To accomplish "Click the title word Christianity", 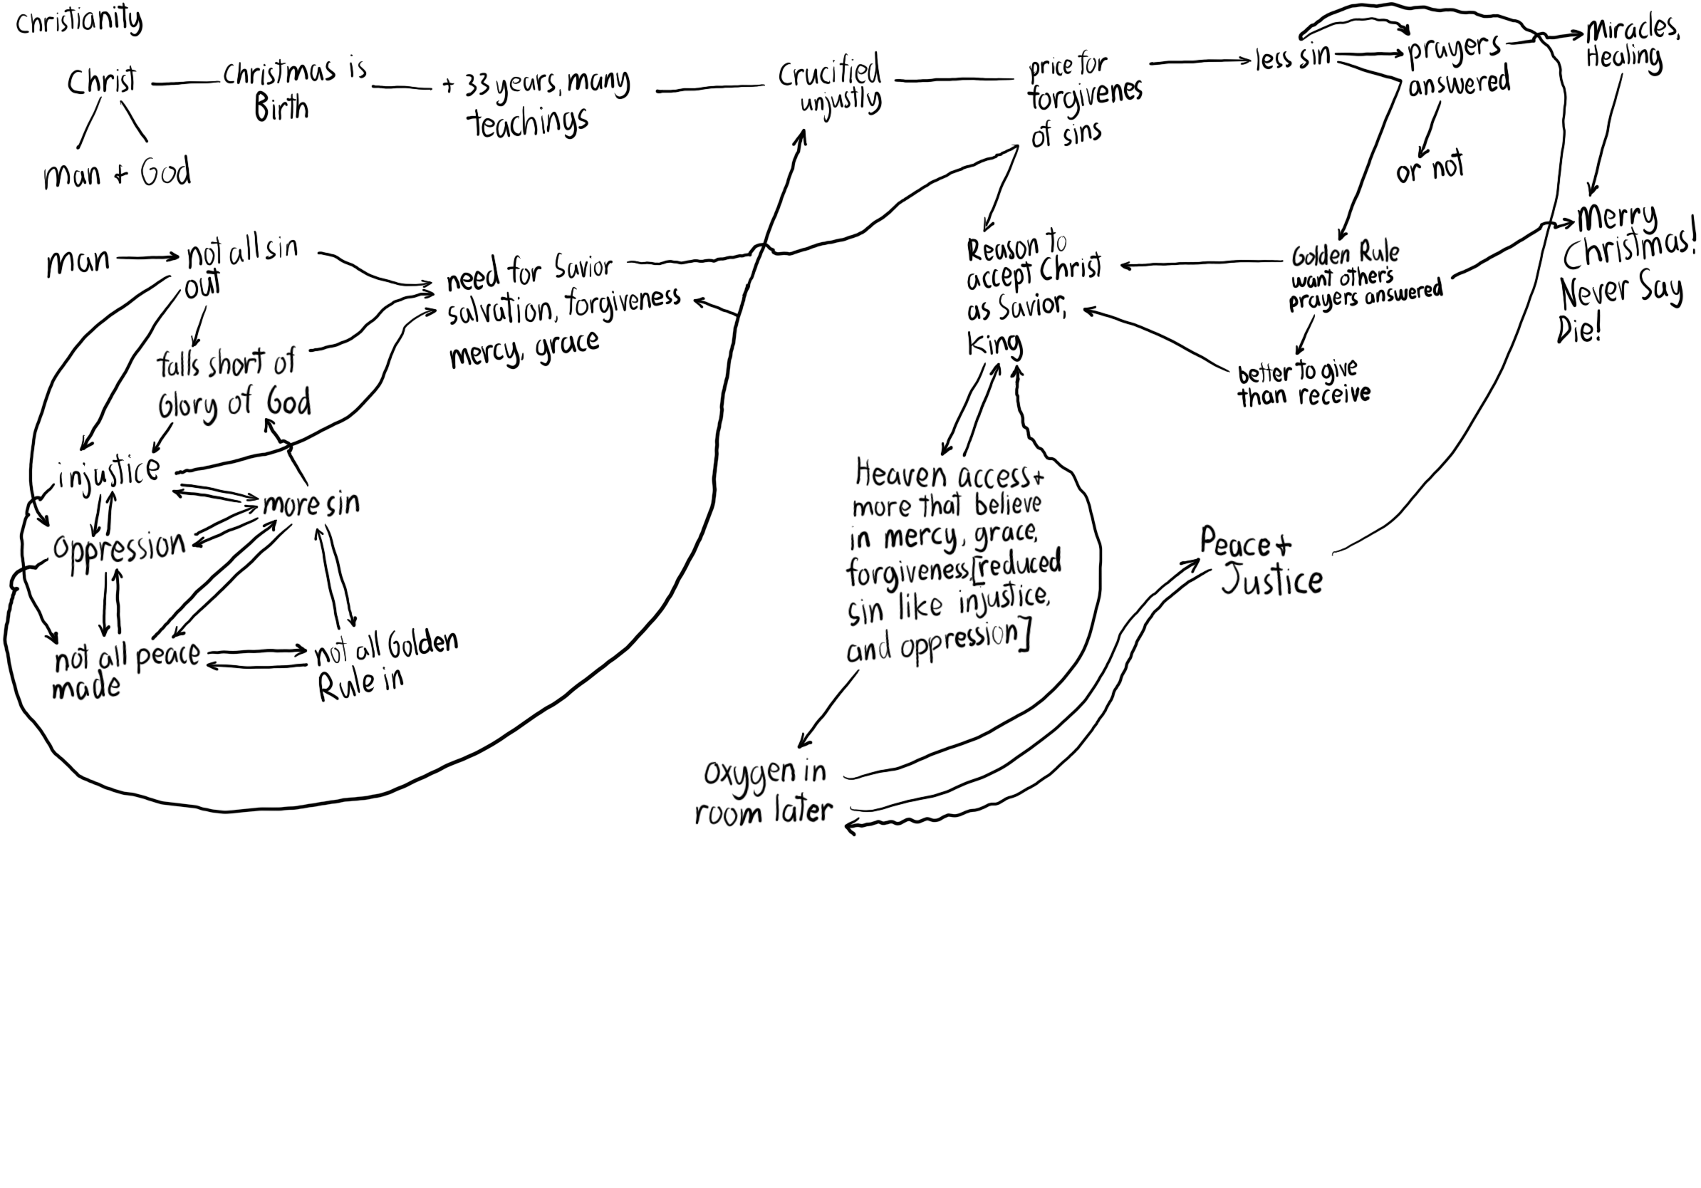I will coord(78,21).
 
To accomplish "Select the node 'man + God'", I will coord(117,174).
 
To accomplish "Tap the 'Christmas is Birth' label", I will coord(293,89).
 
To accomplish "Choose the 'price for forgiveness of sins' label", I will coord(1083,100).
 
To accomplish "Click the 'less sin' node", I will coord(1293,57).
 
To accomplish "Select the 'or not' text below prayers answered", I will coord(1429,168).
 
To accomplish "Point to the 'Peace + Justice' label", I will coord(1259,561).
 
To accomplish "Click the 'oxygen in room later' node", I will coord(764,792).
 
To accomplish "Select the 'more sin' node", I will coord(311,504).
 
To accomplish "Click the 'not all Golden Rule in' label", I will coord(385,665).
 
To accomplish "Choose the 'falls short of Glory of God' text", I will coord(233,384).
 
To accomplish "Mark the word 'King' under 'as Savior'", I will coord(994,345).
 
